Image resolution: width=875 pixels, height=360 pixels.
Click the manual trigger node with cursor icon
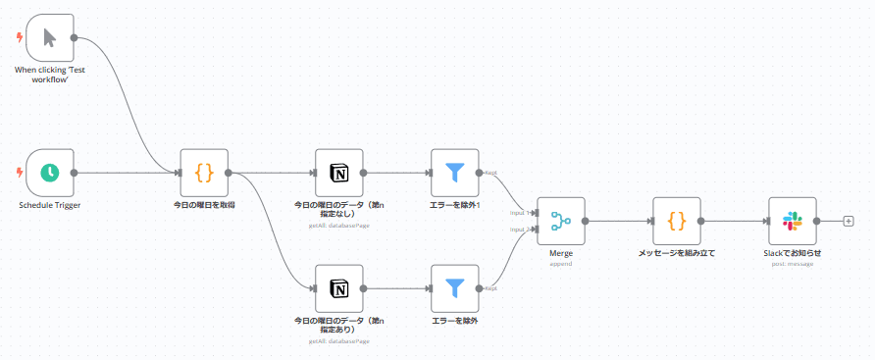point(50,38)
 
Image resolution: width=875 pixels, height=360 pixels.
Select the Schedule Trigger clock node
point(50,173)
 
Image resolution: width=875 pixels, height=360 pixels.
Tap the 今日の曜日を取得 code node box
point(204,173)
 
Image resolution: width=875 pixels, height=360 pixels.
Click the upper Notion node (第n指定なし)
point(339,173)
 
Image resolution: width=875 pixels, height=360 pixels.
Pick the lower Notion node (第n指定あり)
point(339,288)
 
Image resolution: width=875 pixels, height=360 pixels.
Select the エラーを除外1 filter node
point(455,173)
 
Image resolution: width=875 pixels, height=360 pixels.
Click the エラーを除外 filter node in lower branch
point(455,288)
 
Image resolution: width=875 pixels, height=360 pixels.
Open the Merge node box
point(561,221)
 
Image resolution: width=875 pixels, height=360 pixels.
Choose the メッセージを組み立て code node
point(677,221)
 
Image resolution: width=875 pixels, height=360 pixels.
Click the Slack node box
point(793,221)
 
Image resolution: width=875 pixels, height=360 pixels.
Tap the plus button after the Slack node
point(849,221)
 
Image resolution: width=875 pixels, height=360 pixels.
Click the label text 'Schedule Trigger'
point(49,206)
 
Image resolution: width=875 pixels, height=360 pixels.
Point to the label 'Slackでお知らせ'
point(793,253)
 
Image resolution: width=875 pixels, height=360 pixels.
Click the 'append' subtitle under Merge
point(561,263)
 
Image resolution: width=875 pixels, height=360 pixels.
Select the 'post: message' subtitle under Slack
point(793,263)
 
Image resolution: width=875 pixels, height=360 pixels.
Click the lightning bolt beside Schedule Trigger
point(19,173)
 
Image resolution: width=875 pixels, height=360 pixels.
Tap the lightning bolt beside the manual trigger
point(19,38)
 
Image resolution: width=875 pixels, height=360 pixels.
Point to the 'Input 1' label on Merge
point(519,211)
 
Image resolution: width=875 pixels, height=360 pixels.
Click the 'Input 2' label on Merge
point(519,230)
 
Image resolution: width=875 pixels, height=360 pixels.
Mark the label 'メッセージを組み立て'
point(677,253)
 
